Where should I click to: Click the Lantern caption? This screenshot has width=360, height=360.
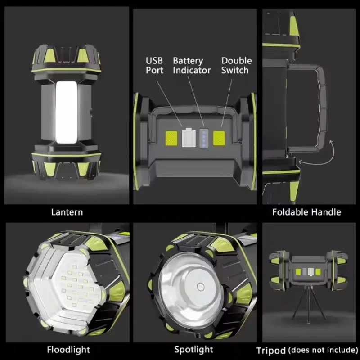tap(67, 212)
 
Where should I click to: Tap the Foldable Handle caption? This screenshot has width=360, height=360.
tap(306, 212)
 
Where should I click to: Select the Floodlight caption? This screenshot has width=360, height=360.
tap(68, 350)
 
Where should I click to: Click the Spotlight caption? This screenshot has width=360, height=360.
tap(193, 350)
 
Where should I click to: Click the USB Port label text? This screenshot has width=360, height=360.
tap(154, 65)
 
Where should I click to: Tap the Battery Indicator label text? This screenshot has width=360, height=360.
tap(192, 65)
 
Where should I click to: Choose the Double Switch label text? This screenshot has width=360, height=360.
tap(237, 65)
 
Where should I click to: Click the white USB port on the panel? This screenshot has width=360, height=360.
tap(189, 138)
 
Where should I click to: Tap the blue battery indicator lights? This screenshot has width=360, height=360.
tap(204, 138)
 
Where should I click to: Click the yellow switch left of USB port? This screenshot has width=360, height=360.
tap(171, 138)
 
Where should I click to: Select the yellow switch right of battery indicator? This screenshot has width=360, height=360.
tap(219, 138)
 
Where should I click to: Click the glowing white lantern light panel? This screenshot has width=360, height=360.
tap(66, 112)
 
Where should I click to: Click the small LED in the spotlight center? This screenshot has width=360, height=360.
tap(200, 287)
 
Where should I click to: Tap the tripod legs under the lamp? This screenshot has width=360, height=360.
tap(308, 303)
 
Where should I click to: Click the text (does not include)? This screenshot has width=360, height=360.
tap(323, 350)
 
